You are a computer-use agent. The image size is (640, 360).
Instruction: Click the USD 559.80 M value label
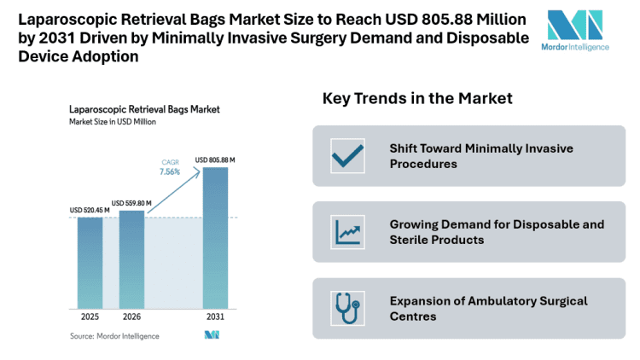131,203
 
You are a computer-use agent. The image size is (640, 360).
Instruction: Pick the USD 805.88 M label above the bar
215,160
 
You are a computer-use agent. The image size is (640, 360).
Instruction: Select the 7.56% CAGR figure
171,171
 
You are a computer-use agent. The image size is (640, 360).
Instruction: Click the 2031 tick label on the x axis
215,316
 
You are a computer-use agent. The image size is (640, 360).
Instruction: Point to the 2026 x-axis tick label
131,316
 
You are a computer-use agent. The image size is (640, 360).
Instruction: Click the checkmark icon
347,156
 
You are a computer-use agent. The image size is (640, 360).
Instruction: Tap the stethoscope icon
347,308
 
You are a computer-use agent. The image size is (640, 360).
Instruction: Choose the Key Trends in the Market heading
417,99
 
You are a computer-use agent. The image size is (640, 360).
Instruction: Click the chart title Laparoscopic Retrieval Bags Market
144,110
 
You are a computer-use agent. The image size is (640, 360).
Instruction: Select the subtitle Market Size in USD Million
113,123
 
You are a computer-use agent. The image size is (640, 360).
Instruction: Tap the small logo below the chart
212,335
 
